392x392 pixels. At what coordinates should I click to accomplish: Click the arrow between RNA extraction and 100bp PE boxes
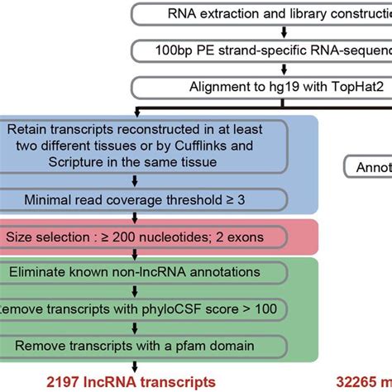tap(284, 31)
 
